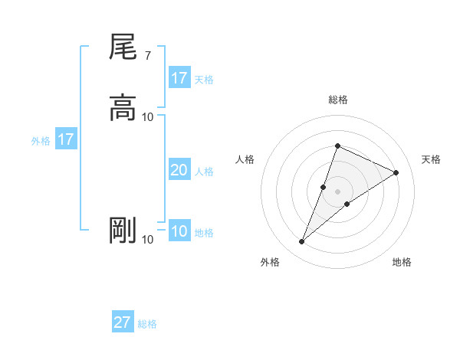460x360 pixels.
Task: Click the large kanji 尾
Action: pyautogui.click(x=123, y=48)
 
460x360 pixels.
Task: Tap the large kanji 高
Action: pyautogui.click(x=123, y=107)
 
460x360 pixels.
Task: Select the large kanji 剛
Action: pyautogui.click(x=123, y=231)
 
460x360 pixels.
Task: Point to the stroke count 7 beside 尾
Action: pyautogui.click(x=148, y=55)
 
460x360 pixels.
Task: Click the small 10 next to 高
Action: pyautogui.click(x=148, y=116)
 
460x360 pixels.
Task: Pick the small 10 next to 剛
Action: pyautogui.click(x=148, y=240)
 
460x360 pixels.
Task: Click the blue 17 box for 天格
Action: pyautogui.click(x=179, y=78)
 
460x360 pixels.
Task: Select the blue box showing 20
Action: pyautogui.click(x=179, y=170)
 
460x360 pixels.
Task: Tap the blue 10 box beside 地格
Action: pyautogui.click(x=179, y=231)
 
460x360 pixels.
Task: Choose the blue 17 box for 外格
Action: pyautogui.click(x=66, y=139)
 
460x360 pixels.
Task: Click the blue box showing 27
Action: pyautogui.click(x=123, y=322)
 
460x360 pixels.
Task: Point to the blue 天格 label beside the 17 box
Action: pyautogui.click(x=204, y=80)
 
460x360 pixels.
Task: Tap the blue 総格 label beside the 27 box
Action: pyautogui.click(x=147, y=324)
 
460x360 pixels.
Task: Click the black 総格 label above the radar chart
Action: pyautogui.click(x=337, y=100)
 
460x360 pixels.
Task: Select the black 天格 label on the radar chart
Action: pyautogui.click(x=432, y=159)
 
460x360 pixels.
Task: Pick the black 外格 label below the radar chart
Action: pyautogui.click(x=270, y=263)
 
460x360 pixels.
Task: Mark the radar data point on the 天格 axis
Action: pyautogui.click(x=396, y=173)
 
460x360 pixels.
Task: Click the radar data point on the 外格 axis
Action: pyautogui.click(x=302, y=242)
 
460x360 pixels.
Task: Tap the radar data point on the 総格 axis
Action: pyautogui.click(x=337, y=146)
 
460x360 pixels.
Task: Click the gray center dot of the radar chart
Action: pyautogui.click(x=337, y=191)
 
